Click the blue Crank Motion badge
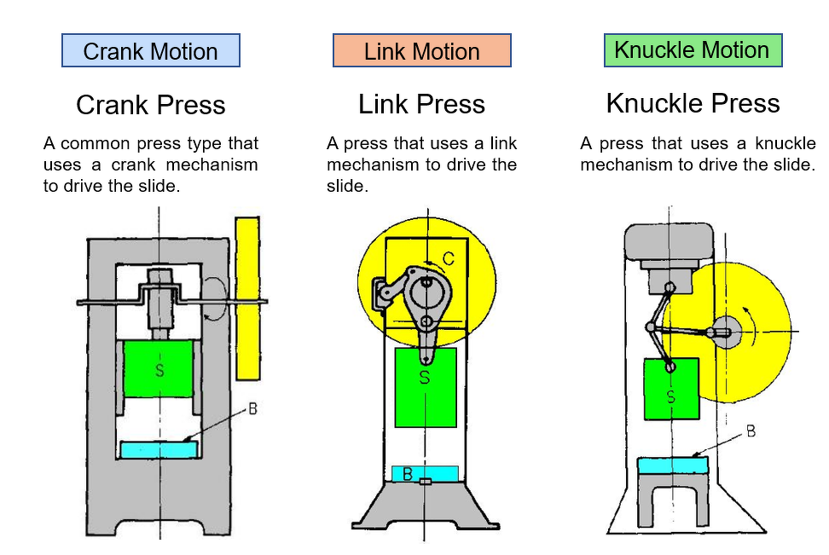click(x=151, y=51)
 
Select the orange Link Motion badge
click(x=422, y=51)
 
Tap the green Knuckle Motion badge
click(x=692, y=50)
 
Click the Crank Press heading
click(x=151, y=105)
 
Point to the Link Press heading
click(x=422, y=104)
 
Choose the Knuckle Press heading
click(x=693, y=103)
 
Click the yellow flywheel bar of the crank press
click(x=247, y=298)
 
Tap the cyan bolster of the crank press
click(x=159, y=448)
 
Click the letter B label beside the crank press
click(x=253, y=409)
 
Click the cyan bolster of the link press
click(x=425, y=473)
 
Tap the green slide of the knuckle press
click(x=671, y=389)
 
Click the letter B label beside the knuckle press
click(x=751, y=431)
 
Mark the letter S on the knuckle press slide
click(x=671, y=397)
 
